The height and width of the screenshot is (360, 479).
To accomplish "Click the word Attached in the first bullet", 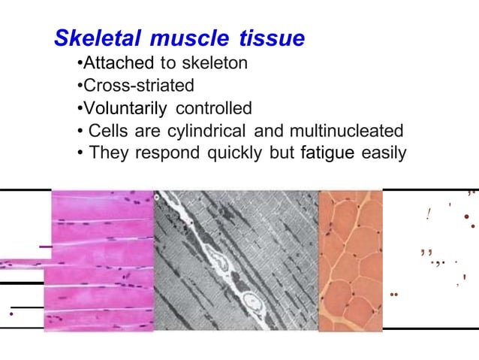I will coord(119,63).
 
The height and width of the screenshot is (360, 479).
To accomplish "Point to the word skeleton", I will coord(212,63).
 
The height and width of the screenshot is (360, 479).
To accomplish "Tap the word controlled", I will coord(214,108).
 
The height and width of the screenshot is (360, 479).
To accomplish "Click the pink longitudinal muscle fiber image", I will coord(101,259).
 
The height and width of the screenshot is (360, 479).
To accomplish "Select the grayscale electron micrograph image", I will coord(236,259).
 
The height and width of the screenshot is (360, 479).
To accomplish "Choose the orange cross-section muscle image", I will coord(351,259).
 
